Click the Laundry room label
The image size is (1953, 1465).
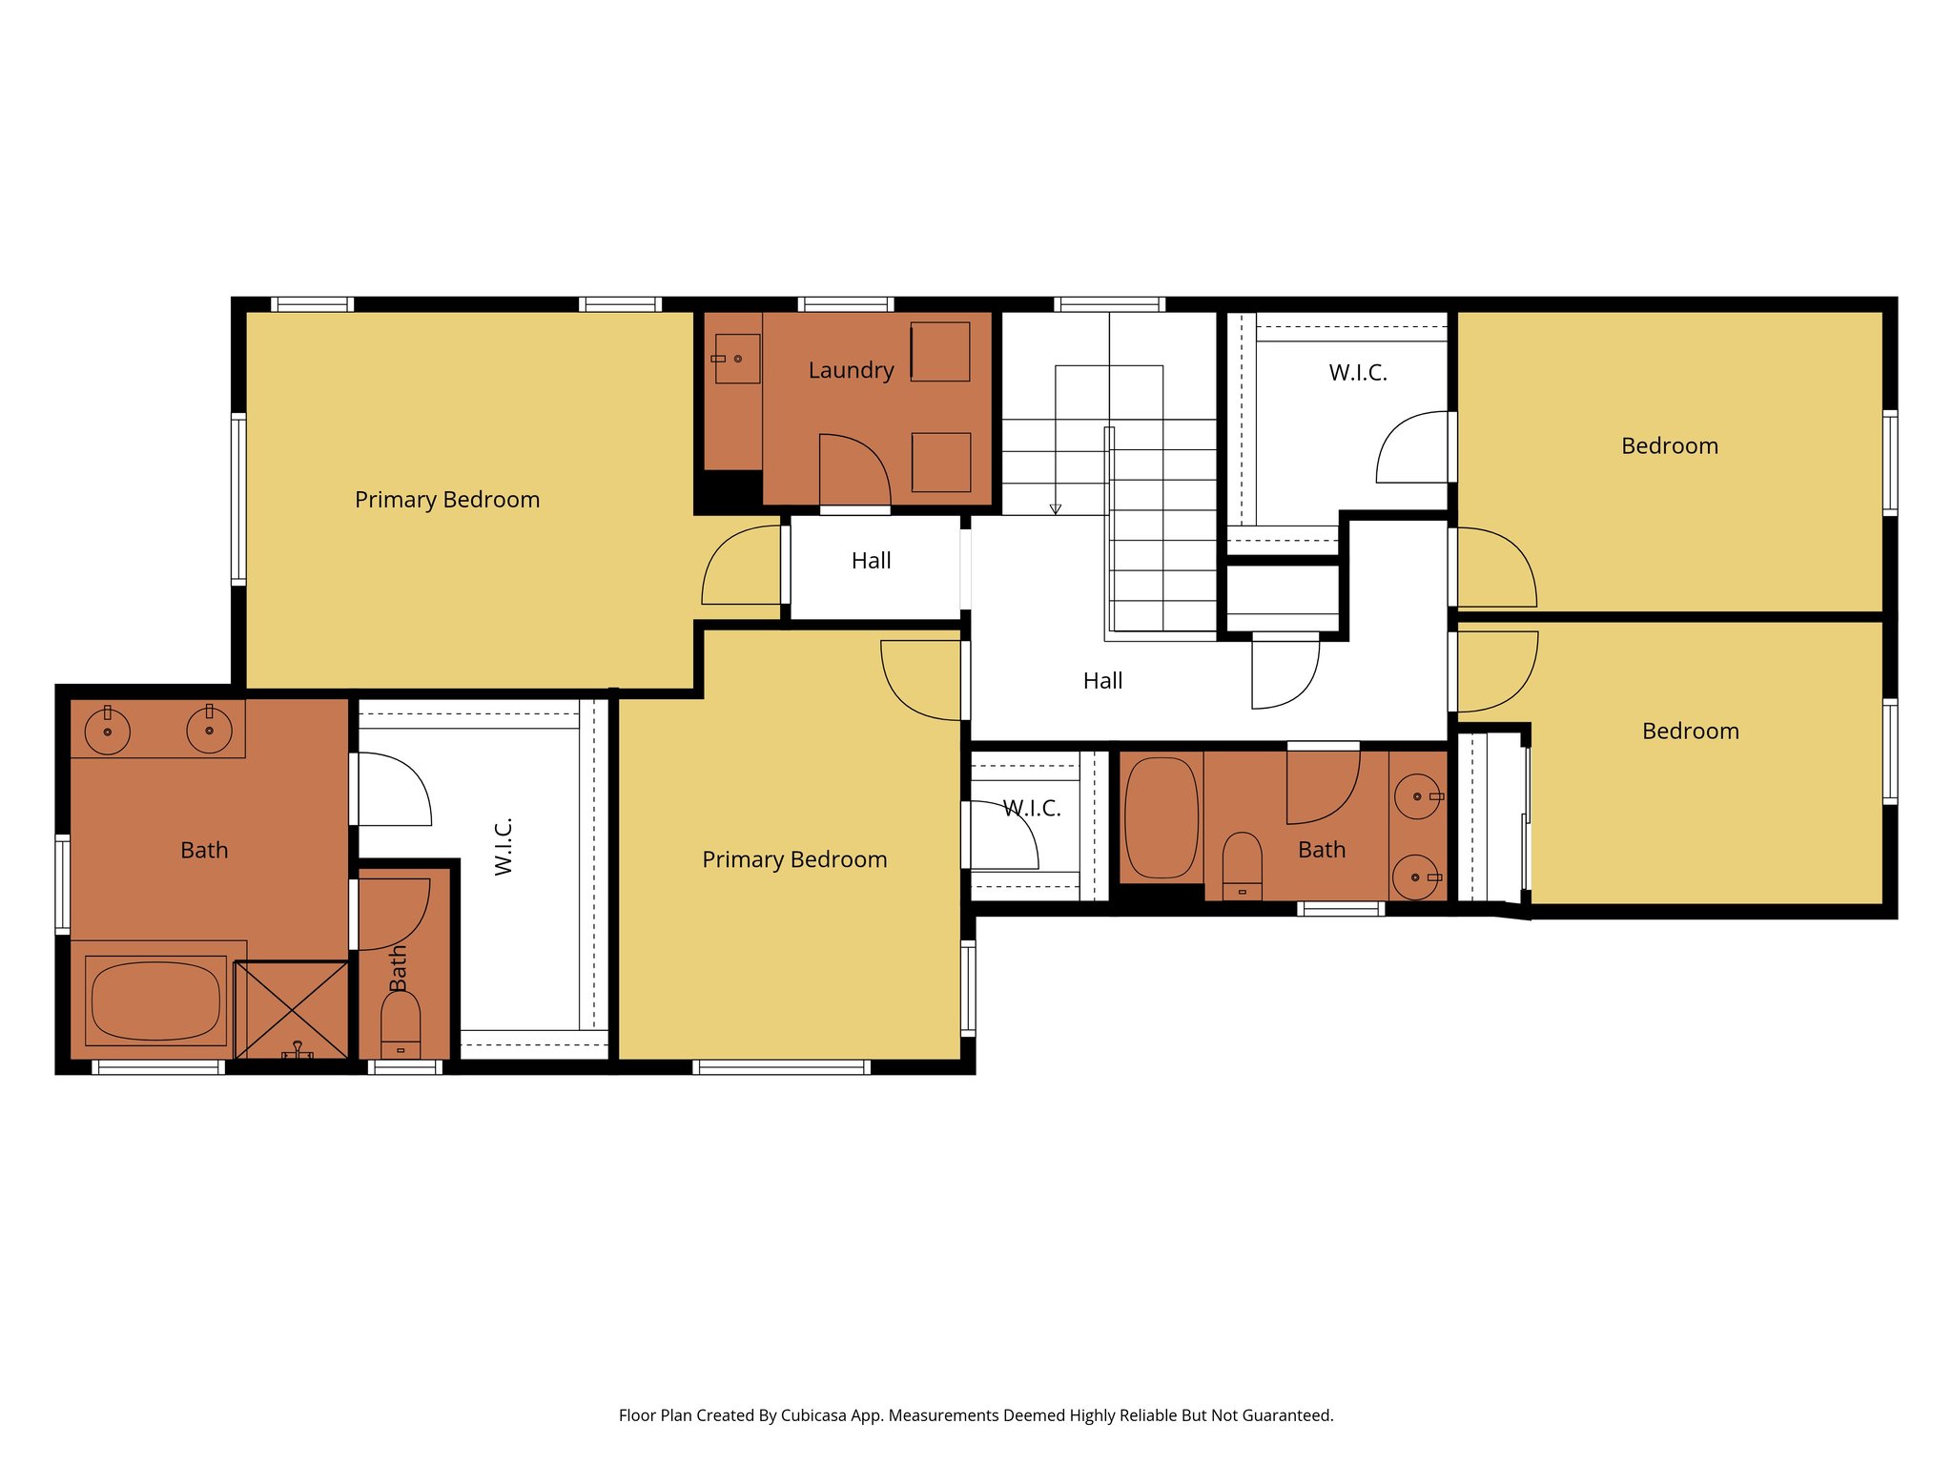tap(851, 370)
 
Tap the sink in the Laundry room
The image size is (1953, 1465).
tap(737, 359)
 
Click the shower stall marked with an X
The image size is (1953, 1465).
tap(292, 1009)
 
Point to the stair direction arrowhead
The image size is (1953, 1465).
tap(1056, 509)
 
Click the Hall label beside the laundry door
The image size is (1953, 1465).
tap(871, 561)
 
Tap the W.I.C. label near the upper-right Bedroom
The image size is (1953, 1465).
tap(1357, 373)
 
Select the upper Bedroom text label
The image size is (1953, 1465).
tap(1669, 446)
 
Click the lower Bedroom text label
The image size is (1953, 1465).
tap(1690, 732)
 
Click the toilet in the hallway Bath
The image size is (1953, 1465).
tap(1242, 864)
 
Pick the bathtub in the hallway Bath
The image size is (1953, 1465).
tap(1162, 818)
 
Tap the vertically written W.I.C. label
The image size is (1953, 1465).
tap(504, 846)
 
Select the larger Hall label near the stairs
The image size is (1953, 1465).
tap(1102, 681)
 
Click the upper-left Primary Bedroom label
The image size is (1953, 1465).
tap(447, 500)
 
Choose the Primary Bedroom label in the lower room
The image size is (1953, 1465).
tap(794, 859)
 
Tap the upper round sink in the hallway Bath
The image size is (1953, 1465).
tap(1417, 796)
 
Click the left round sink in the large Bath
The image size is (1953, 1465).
tap(108, 732)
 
